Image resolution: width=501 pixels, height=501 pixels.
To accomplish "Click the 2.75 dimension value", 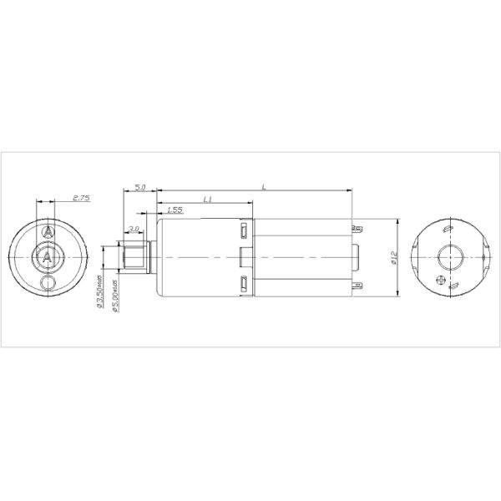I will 81,197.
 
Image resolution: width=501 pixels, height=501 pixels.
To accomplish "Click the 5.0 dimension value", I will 140,188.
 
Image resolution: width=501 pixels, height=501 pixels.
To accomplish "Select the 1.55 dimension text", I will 175,210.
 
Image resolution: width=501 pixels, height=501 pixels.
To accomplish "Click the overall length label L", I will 265,187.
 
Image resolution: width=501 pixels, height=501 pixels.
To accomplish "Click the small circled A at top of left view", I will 48,229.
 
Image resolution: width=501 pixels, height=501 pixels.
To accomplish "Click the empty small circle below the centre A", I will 48,285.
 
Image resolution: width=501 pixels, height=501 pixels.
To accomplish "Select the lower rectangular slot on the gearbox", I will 243,284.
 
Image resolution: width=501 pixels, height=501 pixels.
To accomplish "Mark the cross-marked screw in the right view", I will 443,281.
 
